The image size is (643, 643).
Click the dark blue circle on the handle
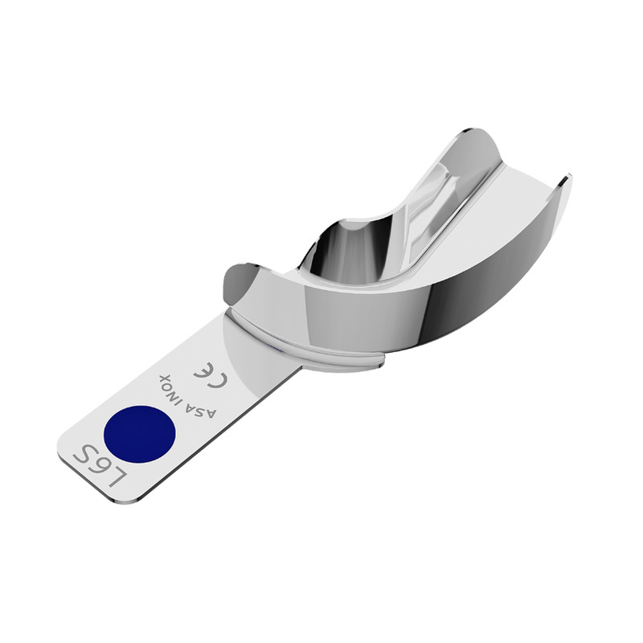(x=139, y=434)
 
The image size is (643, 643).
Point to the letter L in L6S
(x=117, y=477)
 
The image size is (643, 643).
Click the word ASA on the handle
(x=203, y=409)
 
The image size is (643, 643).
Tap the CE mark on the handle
(x=211, y=375)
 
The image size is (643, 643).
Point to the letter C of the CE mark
(x=219, y=381)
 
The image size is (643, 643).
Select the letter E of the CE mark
(x=203, y=370)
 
